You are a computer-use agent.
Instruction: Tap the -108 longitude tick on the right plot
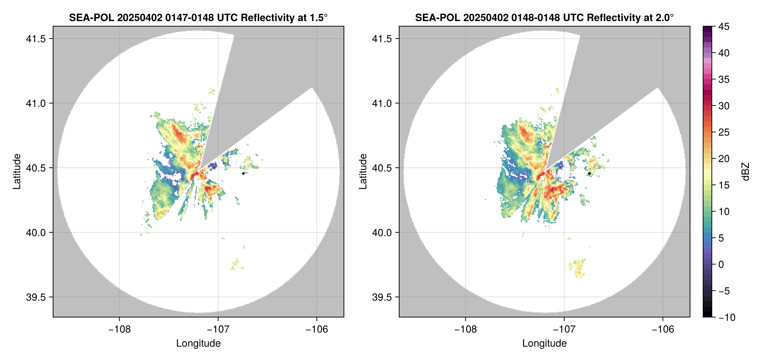(x=465, y=329)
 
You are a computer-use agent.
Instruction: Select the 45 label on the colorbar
(x=724, y=27)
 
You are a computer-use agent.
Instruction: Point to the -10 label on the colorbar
(x=726, y=317)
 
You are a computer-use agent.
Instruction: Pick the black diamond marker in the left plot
(x=243, y=173)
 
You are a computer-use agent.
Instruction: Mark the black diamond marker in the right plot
(x=589, y=173)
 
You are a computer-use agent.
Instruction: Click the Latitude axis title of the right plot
(x=363, y=172)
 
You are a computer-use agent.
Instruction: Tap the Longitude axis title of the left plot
(x=198, y=343)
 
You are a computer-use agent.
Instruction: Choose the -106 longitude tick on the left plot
(x=317, y=329)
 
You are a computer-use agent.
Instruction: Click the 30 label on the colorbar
(x=724, y=106)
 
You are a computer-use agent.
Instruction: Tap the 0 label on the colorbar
(x=721, y=265)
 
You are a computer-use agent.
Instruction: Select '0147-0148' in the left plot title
(x=189, y=17)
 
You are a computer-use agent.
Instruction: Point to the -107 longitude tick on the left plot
(x=218, y=329)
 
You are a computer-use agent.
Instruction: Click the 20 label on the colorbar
(x=724, y=159)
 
